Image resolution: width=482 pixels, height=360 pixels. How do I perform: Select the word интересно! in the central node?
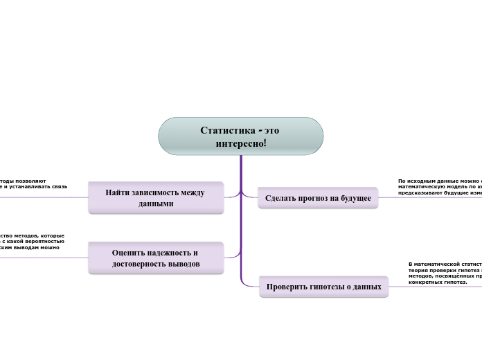pyautogui.click(x=241, y=143)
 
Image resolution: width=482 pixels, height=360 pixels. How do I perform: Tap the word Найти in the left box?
pyautogui.click(x=118, y=192)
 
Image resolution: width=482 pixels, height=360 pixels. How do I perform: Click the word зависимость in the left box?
pyautogui.click(x=159, y=192)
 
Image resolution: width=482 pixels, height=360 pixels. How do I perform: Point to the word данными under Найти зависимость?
pyautogui.click(x=156, y=204)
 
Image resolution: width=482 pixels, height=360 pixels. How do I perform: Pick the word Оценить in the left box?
pyautogui.click(x=130, y=253)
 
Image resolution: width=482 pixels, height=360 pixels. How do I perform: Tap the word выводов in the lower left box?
pyautogui.click(x=185, y=264)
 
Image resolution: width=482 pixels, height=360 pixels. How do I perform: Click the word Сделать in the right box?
pyautogui.click(x=280, y=198)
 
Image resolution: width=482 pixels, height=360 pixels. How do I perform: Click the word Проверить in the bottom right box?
pyautogui.click(x=288, y=286)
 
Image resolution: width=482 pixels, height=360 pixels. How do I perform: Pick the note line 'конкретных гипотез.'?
pyautogui.click(x=438, y=282)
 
